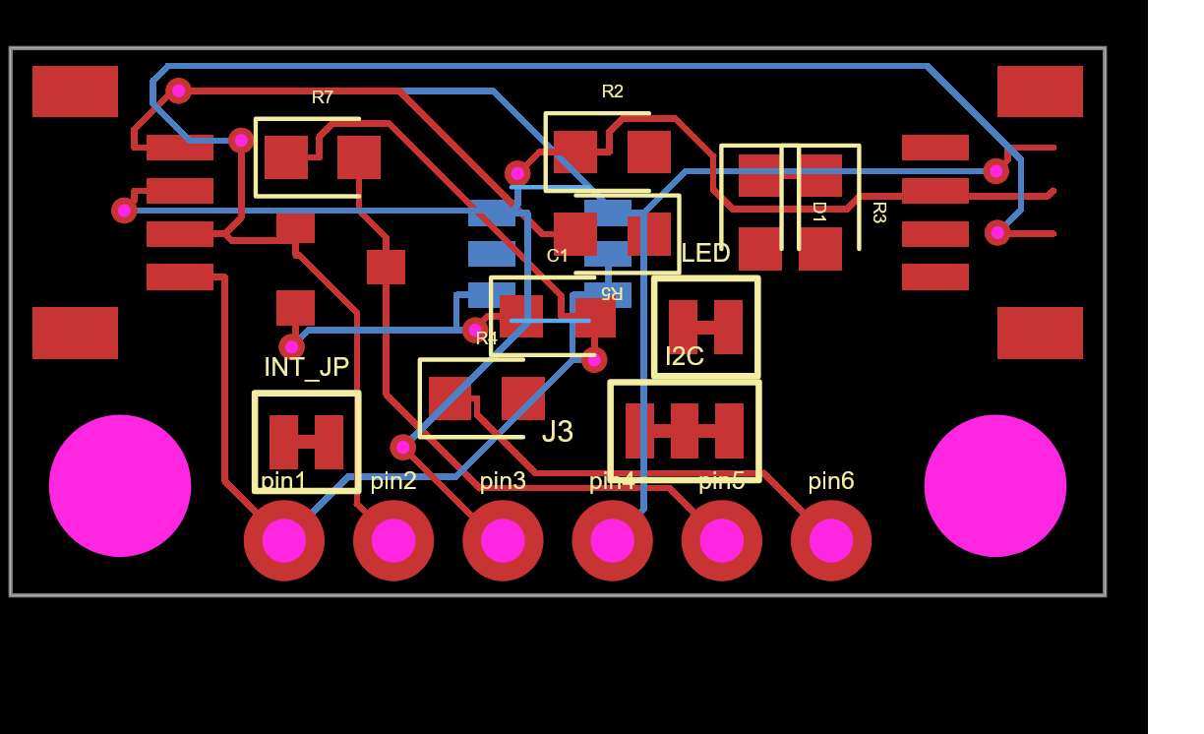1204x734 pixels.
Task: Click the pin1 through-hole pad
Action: point(284,540)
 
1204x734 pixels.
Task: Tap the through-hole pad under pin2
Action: point(393,540)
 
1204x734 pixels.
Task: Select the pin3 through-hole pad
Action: point(503,540)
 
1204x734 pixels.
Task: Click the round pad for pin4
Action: point(612,540)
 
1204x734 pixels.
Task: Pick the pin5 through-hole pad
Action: point(721,540)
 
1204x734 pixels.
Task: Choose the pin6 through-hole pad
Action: point(831,540)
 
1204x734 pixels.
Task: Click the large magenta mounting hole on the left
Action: point(120,485)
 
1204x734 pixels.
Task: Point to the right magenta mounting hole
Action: point(994,485)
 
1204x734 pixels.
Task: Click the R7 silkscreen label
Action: point(323,97)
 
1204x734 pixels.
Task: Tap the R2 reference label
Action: point(613,92)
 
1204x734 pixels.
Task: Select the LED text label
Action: point(705,254)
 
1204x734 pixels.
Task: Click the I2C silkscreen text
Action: point(685,356)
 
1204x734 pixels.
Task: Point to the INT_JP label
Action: point(306,367)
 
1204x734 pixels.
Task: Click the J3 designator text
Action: point(558,432)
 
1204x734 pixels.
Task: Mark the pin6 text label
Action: point(831,481)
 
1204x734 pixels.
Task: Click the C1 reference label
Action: point(558,256)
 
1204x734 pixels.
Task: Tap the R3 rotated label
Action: point(878,213)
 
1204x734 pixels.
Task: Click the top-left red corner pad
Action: point(75,92)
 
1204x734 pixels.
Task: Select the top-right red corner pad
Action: point(1040,92)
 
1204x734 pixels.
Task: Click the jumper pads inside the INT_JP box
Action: point(306,442)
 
